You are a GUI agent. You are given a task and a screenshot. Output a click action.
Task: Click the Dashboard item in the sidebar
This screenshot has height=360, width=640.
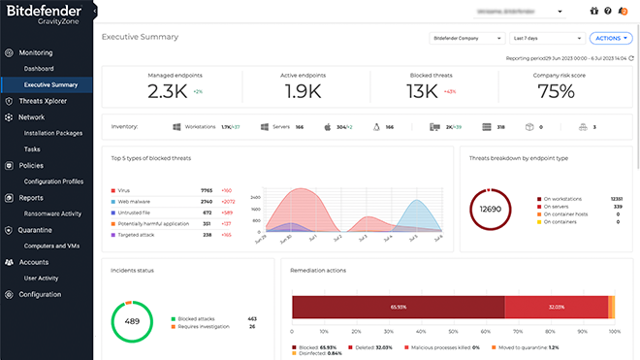(39, 69)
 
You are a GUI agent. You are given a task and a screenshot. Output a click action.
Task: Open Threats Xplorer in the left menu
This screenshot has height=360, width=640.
(43, 101)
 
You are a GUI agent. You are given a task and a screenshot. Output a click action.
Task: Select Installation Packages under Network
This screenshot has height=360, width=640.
(52, 133)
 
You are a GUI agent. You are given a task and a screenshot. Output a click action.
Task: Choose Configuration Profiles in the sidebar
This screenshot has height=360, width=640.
(53, 181)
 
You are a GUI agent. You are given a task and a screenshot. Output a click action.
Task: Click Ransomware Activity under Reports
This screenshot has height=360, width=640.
(52, 213)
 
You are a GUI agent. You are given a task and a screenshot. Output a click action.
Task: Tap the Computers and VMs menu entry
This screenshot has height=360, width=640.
(50, 245)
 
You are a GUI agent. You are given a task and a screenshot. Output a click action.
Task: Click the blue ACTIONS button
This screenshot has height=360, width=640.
(611, 38)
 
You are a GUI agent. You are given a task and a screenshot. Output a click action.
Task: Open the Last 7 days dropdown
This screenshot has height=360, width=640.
(546, 38)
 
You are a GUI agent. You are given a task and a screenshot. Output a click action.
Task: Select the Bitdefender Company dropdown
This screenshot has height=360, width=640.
(466, 38)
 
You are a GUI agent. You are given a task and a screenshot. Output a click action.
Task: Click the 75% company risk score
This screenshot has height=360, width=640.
(556, 92)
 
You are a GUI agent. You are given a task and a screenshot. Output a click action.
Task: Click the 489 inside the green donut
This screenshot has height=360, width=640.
(132, 321)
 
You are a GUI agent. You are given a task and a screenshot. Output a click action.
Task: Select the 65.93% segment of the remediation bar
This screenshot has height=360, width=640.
(398, 307)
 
